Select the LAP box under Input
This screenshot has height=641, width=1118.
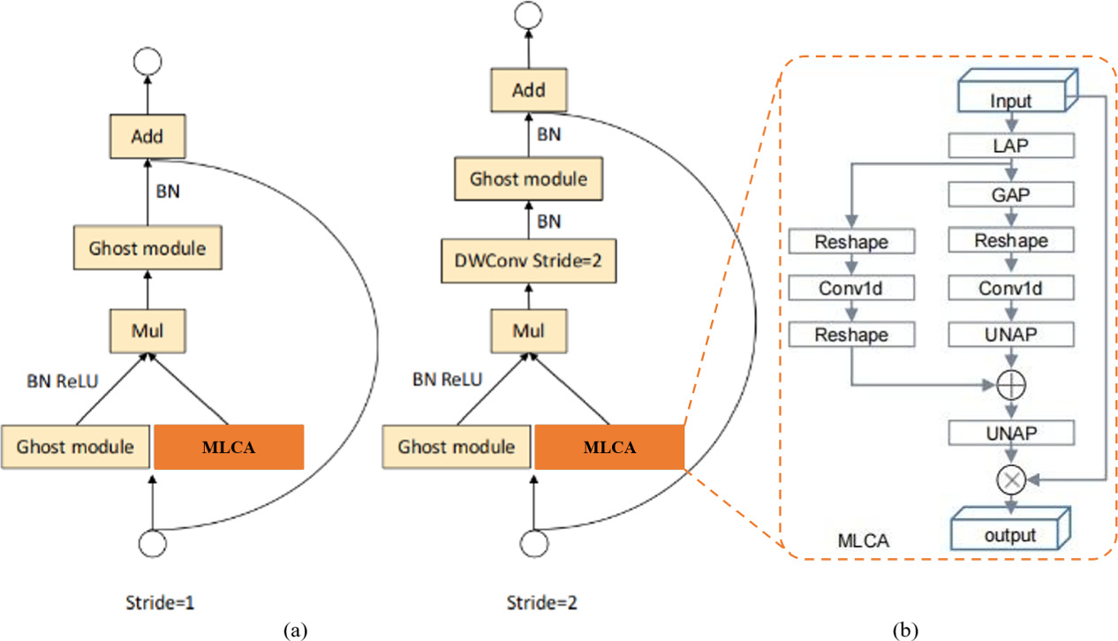point(1010,145)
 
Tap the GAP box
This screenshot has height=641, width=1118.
point(1010,192)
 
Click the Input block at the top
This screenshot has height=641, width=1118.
point(1010,100)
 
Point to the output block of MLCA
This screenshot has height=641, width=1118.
point(1010,534)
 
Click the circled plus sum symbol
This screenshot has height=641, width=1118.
point(1010,385)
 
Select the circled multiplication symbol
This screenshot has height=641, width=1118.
point(1010,480)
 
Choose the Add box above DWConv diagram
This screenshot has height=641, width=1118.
point(528,89)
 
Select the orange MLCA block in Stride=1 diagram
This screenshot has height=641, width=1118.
point(229,447)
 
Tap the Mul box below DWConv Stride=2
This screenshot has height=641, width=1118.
point(528,331)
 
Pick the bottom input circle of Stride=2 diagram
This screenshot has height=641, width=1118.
point(533,540)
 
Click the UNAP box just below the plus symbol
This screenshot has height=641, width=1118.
point(1010,432)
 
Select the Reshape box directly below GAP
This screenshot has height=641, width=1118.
point(1010,240)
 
